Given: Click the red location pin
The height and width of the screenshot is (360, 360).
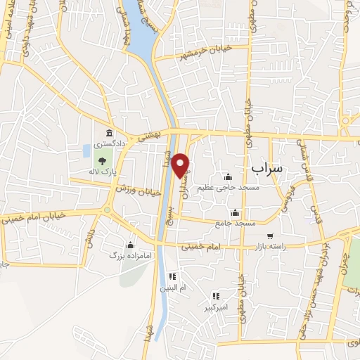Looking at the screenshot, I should coord(181,165).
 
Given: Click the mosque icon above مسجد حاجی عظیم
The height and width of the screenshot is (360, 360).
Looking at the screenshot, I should coord(226,176).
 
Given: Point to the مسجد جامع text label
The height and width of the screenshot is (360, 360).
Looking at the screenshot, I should coord(236,223).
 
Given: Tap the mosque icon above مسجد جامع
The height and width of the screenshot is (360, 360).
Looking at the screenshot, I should coord(235,212).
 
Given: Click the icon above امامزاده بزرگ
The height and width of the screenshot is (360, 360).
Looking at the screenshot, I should coord(130,245).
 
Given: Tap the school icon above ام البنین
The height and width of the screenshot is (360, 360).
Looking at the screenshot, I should coord(172,276).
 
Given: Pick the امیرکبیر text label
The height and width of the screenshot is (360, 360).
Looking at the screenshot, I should coord(215,308).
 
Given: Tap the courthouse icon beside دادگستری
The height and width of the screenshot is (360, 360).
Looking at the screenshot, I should coord(108,134).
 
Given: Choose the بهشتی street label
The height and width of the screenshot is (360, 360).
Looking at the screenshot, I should coord(150,134).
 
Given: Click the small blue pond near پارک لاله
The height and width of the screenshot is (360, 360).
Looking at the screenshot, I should coord(86,150).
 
